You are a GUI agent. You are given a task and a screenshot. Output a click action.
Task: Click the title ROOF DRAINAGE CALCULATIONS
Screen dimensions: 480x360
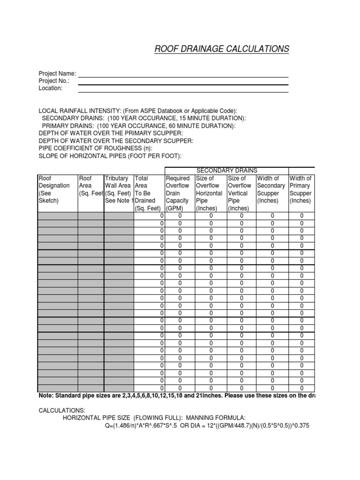pyautogui.click(x=222, y=49)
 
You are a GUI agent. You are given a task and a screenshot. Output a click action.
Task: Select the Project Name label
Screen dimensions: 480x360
pyautogui.click(x=57, y=73)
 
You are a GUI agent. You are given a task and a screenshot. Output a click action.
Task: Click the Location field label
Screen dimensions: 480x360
pyautogui.click(x=50, y=88)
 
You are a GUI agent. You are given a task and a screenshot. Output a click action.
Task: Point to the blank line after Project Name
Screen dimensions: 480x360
pyautogui.click(x=183, y=75)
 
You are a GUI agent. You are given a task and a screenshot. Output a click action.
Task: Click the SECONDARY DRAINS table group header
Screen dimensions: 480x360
pyautogui.click(x=226, y=171)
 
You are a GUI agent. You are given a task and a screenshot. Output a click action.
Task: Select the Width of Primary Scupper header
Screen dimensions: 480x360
pyautogui.click(x=300, y=189)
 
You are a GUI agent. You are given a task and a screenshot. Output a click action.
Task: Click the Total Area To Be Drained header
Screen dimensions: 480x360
pyautogui.click(x=148, y=193)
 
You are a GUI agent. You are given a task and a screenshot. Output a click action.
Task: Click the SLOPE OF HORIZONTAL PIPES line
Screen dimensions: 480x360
pyautogui.click(x=110, y=156)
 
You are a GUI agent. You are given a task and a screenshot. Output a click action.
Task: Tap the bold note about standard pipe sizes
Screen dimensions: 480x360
pyautogui.click(x=176, y=396)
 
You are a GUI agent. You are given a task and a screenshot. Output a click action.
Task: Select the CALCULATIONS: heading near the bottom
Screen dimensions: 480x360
pyautogui.click(x=62, y=411)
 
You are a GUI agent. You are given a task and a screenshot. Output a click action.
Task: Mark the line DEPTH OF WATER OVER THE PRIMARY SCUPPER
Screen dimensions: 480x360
pyautogui.click(x=111, y=133)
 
